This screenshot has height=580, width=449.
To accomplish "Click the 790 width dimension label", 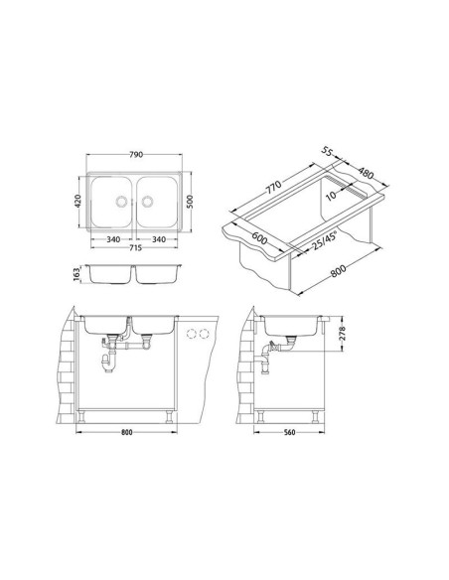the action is (136, 155).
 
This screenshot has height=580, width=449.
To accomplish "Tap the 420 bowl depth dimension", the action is (78, 201).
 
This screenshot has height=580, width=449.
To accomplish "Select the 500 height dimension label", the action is (190, 202).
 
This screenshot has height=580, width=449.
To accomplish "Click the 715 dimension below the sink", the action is (135, 248).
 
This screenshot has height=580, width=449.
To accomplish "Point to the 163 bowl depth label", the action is (76, 274).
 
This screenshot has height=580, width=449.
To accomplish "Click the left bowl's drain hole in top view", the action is (121, 202).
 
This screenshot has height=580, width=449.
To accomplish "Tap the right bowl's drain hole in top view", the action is (147, 202).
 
